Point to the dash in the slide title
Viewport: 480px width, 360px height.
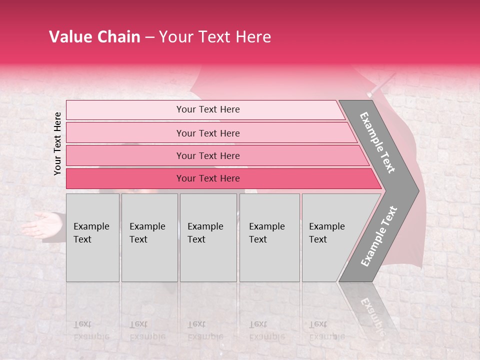pyautogui.click(x=149, y=37)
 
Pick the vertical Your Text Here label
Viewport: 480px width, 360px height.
pyautogui.click(x=57, y=143)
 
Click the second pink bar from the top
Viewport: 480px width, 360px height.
pyautogui.click(x=207, y=133)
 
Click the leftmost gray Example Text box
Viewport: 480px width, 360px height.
pyautogui.click(x=92, y=237)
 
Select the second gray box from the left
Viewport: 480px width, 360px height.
pyautogui.click(x=149, y=237)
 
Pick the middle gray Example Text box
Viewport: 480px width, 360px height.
pyautogui.click(x=208, y=237)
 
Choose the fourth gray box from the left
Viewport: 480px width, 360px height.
pyautogui.click(x=269, y=237)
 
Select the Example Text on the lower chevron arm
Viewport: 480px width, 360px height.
pyautogui.click(x=379, y=236)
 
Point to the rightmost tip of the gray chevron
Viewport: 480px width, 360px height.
pyautogui.click(x=418, y=190)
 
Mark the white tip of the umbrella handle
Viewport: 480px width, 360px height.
pyautogui.click(x=369, y=93)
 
